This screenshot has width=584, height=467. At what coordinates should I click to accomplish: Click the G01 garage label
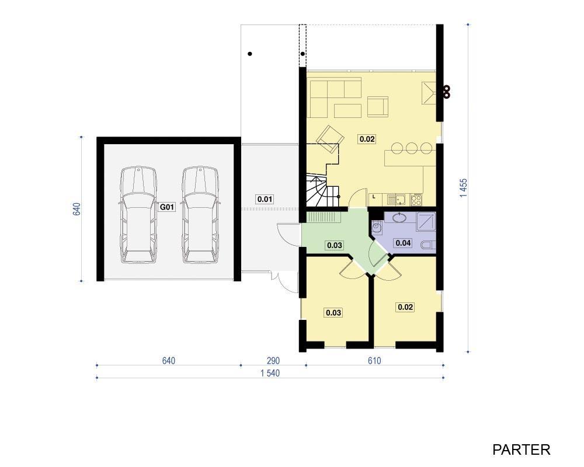167,207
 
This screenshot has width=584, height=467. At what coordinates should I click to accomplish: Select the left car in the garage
138,215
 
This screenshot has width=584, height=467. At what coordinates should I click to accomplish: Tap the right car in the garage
200,215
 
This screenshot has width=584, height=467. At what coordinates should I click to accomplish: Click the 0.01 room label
265,199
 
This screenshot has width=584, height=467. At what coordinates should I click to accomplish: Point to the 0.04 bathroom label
403,243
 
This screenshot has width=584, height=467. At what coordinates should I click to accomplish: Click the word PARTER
521,449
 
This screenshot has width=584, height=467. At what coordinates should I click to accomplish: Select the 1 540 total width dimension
270,373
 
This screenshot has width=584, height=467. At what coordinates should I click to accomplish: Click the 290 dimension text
273,361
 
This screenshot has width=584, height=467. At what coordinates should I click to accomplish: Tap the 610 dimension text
374,361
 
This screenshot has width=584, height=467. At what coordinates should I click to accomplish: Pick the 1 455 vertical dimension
463,188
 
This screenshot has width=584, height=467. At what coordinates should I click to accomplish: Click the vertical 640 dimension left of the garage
76,209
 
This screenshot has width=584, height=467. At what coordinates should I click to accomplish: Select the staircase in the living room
322,191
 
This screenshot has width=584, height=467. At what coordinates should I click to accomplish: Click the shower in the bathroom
426,222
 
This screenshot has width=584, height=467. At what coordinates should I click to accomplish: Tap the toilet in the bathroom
428,245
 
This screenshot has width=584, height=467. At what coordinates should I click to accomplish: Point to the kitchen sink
399,200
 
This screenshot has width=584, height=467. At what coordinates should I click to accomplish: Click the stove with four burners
416,200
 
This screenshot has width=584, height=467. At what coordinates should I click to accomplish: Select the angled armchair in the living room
329,139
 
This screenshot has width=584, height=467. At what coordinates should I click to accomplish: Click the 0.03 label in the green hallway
334,245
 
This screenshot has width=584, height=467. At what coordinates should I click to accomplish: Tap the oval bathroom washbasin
400,218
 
